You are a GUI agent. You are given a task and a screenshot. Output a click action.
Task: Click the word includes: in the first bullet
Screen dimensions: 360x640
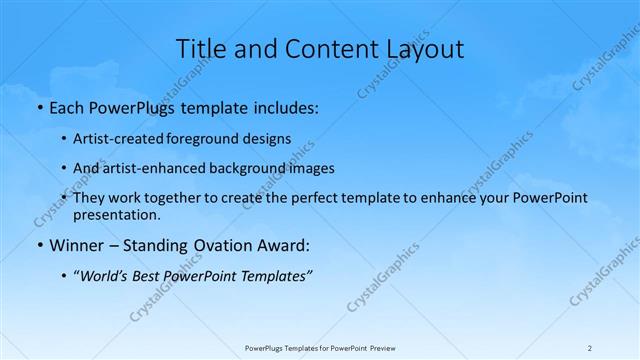pyautogui.click(x=282, y=105)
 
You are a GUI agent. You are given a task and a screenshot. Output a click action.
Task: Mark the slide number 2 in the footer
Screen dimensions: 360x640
pyautogui.click(x=590, y=348)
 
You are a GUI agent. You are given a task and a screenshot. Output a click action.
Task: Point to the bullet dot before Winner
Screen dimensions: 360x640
pyautogui.click(x=39, y=244)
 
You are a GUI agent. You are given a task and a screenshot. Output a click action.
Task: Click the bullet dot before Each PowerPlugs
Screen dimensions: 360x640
pyautogui.click(x=39, y=105)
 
